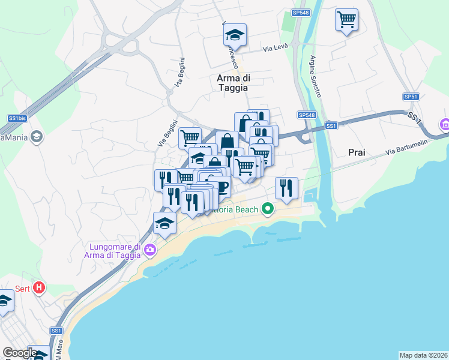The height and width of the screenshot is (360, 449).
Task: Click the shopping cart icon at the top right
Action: (346, 19)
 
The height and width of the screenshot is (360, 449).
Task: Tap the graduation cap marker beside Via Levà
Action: (235, 35)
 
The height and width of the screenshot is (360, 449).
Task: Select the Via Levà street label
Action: (277, 48)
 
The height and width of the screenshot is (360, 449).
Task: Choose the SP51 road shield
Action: (410, 97)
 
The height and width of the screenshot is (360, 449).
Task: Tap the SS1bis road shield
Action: (17, 118)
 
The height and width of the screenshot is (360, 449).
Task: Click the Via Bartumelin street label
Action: (406, 149)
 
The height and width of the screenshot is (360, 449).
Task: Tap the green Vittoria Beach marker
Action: (268, 209)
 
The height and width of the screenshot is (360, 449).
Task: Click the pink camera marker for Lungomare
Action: (149, 250)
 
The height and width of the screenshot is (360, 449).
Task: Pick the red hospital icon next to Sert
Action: (40, 287)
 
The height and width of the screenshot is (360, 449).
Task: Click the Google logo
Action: (20, 353)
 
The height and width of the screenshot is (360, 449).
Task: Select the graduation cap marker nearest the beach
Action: (164, 223)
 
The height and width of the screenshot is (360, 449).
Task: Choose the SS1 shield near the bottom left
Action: (56, 331)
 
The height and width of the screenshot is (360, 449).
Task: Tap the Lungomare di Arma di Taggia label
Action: (114, 251)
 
